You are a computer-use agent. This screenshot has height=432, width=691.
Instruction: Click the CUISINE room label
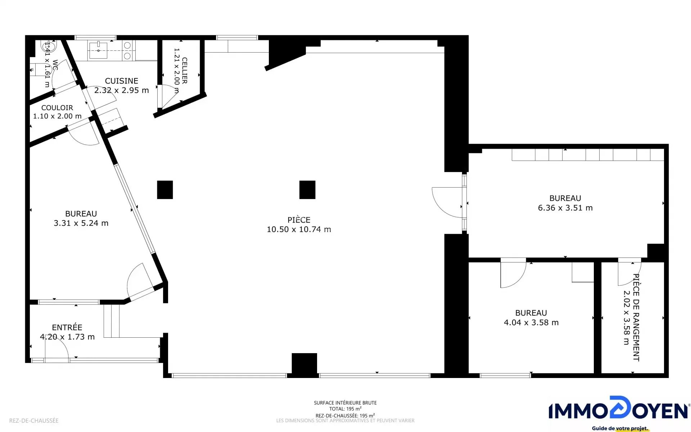point(122,81)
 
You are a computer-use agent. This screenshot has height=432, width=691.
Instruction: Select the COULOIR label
point(57,108)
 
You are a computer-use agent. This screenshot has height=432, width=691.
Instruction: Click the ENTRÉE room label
point(67,327)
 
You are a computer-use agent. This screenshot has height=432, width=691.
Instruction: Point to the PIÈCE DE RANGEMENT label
point(636,318)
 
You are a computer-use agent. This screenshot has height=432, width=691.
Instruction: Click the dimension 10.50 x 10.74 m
point(299,229)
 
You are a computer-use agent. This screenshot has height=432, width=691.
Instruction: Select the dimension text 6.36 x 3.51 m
point(565,208)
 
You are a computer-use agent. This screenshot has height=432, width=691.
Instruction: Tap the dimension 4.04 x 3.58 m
point(531,323)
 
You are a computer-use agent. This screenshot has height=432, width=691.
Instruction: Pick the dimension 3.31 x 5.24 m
point(81,223)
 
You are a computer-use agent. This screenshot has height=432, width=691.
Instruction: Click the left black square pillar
point(165,190)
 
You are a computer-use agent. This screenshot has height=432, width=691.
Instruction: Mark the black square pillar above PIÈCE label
point(307,190)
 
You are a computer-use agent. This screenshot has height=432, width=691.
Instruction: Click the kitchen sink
point(98,50)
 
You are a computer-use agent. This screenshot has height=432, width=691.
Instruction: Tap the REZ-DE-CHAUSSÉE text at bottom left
point(34,420)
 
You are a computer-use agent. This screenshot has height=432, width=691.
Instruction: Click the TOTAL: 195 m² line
point(345,409)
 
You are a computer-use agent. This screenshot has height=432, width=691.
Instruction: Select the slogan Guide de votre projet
point(620,428)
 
